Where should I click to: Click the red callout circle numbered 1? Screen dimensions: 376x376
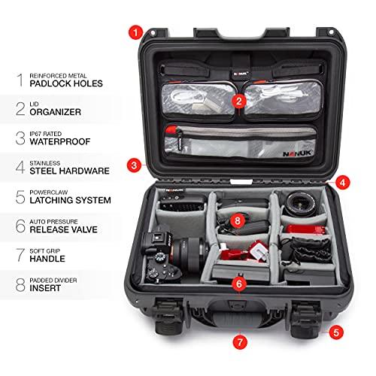click(135, 32)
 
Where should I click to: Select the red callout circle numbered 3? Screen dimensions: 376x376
click(133, 164)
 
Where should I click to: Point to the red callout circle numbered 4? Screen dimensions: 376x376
click(342, 181)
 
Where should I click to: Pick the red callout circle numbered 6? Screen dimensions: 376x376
click(238, 284)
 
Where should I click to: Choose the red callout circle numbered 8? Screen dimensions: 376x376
click(237, 220)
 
